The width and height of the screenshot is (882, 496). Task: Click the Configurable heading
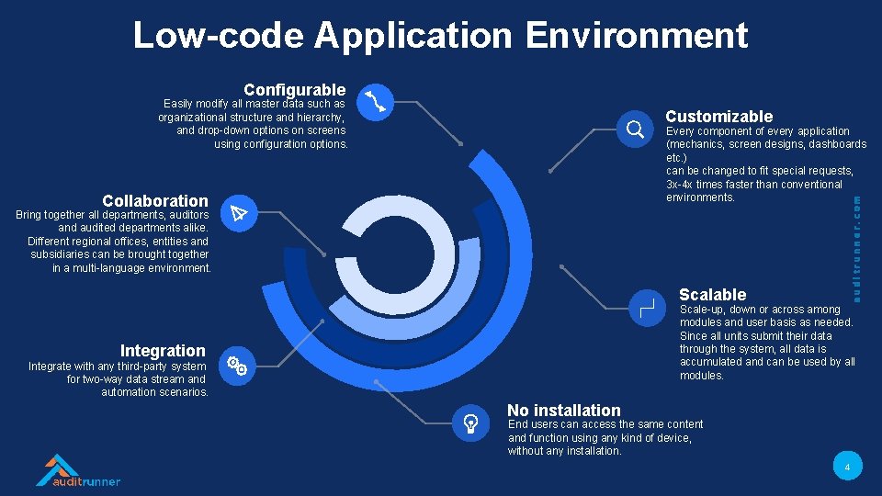(294, 90)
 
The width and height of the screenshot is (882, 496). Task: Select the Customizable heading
(718, 117)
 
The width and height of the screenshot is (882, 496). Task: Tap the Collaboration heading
(155, 201)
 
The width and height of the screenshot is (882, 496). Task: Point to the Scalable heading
(712, 295)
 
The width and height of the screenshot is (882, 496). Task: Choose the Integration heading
(163, 351)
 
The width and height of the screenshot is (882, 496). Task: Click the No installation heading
(564, 411)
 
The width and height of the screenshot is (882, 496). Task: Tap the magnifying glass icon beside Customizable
(634, 130)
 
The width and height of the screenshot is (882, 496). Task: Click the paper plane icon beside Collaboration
(239, 214)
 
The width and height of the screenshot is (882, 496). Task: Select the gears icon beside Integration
(237, 365)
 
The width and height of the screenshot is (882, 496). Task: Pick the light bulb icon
(470, 423)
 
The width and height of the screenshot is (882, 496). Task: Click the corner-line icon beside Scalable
(647, 308)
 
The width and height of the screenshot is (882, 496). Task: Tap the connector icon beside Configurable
(376, 102)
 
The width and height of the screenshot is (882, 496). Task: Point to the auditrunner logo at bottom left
(78, 470)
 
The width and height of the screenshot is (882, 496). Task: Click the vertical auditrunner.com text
(856, 246)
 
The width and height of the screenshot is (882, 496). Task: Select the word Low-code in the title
(218, 36)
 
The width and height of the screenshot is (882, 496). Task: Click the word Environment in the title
(637, 36)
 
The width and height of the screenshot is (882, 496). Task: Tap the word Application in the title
(413, 36)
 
